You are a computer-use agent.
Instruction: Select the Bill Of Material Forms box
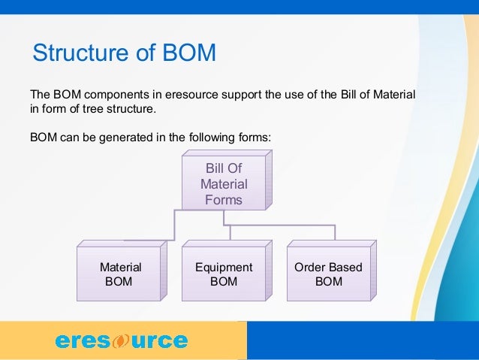[x=224, y=183]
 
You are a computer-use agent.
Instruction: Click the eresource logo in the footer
[x=121, y=340]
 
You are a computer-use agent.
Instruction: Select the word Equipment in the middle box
[x=224, y=268]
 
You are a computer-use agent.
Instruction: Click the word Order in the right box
[x=309, y=268]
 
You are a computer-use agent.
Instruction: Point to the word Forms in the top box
[x=224, y=199]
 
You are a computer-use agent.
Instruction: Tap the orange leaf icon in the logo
[x=121, y=341]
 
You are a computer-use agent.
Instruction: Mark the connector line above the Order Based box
[x=335, y=231]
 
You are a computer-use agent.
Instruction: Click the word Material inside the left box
[x=121, y=268]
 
